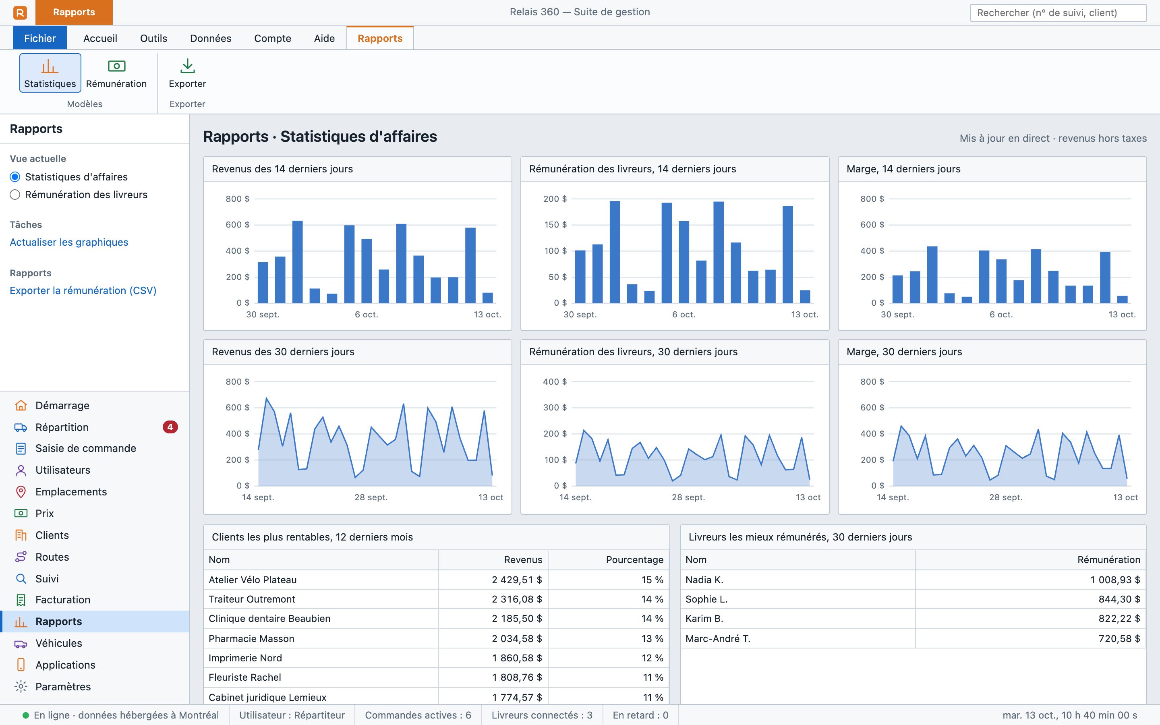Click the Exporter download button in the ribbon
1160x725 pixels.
(187, 73)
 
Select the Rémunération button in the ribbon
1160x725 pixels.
(116, 73)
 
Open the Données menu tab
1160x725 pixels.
(210, 38)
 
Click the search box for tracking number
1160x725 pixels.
(1058, 12)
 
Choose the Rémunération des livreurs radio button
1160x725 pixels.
(15, 195)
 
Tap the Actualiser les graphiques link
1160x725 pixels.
(69, 242)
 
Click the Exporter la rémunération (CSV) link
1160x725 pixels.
(83, 290)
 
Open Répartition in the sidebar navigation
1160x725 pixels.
(62, 427)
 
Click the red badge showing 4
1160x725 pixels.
(170, 427)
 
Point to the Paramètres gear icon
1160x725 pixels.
(21, 687)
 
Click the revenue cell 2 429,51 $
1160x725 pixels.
(517, 580)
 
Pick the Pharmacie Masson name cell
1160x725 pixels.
(252, 639)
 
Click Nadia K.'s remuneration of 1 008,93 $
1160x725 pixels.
(1115, 580)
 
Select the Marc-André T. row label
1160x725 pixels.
(718, 639)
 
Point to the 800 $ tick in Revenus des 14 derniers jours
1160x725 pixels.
(238, 199)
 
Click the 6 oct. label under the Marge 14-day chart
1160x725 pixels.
(1001, 315)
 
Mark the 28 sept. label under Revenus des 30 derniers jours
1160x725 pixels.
(371, 497)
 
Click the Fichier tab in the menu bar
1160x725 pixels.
(40, 38)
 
